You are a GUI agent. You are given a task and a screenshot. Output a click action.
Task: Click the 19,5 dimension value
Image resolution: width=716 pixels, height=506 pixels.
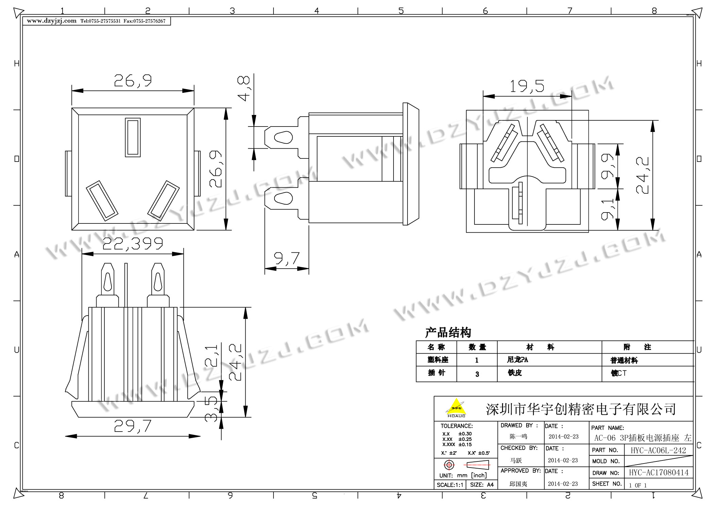[527, 86]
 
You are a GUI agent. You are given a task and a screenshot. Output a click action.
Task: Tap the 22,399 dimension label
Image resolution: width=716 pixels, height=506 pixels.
[133, 244]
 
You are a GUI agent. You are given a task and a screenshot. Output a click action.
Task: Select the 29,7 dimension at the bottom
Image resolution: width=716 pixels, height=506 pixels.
[133, 426]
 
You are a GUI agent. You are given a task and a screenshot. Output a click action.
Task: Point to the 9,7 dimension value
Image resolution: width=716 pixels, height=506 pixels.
[287, 258]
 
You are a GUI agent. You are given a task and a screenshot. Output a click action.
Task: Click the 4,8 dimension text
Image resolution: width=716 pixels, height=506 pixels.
[244, 88]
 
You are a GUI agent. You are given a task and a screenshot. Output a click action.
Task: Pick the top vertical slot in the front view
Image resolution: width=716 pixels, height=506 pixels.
[133, 137]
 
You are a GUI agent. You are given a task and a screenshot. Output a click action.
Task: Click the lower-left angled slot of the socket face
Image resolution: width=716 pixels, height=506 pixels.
[102, 201]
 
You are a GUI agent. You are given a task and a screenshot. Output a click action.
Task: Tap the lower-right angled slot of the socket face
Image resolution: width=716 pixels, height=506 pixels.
[164, 201]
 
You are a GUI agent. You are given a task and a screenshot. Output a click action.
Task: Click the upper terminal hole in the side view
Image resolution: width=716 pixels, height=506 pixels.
[283, 138]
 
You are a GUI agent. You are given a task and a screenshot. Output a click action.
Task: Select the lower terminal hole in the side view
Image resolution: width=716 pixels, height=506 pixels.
[283, 198]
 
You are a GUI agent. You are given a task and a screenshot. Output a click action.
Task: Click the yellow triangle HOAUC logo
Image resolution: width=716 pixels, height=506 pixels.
[456, 407]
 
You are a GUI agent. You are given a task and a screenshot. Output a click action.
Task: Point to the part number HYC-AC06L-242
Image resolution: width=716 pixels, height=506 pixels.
[658, 450]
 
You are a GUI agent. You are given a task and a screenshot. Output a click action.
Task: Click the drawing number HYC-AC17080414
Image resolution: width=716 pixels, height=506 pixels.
[659, 472]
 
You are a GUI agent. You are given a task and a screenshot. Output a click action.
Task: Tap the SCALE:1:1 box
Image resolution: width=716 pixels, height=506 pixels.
[450, 485]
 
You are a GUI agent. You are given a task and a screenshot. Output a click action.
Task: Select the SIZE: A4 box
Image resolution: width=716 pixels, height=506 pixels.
[482, 485]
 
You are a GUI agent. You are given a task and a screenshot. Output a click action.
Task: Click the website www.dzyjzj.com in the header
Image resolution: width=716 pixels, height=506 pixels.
[52, 21]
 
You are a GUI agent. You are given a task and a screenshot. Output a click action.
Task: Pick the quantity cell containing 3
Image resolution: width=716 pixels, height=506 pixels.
[477, 374]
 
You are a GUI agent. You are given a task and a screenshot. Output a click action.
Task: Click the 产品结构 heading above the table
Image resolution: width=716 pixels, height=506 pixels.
[448, 333]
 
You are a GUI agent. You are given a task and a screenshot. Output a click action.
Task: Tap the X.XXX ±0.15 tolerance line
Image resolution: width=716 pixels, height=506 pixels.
[457, 444]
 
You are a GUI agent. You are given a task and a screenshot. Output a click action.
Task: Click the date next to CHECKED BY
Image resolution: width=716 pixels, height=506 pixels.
[563, 460]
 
